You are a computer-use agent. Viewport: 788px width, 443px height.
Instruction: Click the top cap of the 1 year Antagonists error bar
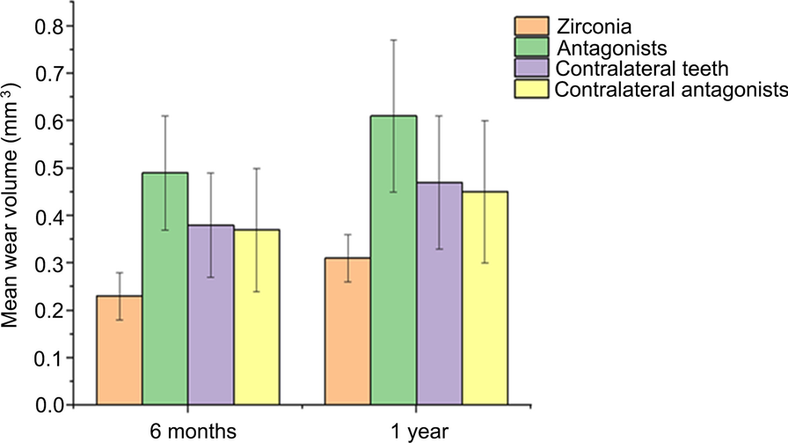393,40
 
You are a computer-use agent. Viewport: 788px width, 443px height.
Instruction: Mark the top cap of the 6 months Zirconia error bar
119,272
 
